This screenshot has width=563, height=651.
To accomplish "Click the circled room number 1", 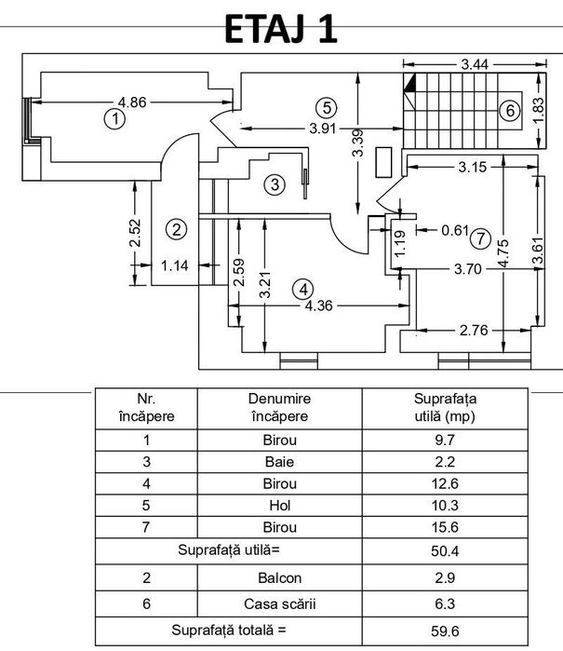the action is [x=114, y=119].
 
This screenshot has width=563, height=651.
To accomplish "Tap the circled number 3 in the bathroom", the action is [x=275, y=183].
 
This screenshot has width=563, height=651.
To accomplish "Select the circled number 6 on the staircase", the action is [x=510, y=111].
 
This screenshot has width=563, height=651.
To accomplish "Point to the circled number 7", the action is [x=480, y=238].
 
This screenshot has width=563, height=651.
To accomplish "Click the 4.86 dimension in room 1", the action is [x=132, y=102].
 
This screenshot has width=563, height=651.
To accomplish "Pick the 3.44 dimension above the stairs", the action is [x=475, y=64].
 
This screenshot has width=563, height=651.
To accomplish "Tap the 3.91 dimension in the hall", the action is [x=322, y=129].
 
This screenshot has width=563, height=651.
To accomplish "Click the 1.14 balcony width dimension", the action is [x=175, y=265].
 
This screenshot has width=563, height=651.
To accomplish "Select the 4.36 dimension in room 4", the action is [x=318, y=306].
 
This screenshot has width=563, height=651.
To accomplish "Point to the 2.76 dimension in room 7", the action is [x=474, y=331].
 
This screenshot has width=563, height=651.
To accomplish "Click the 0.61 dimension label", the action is [x=455, y=230].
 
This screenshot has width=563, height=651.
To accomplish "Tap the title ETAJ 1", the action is [x=281, y=29].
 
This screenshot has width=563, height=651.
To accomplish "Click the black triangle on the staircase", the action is [x=409, y=83].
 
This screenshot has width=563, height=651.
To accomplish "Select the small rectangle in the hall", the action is [x=383, y=162].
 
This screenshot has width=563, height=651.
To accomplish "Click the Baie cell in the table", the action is [x=279, y=462].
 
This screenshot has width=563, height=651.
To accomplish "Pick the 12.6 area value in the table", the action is [x=445, y=483].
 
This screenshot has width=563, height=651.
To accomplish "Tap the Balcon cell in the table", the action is [x=279, y=578].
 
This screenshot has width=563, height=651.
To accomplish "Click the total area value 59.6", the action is [x=445, y=631].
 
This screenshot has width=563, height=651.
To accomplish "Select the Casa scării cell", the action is [x=279, y=604].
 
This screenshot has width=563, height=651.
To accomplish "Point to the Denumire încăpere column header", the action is [x=279, y=407].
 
